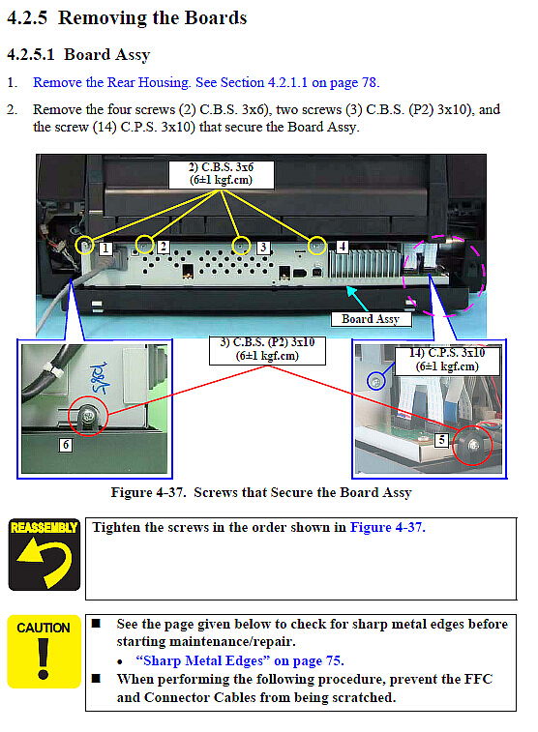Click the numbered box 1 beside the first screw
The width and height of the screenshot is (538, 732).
[105, 249]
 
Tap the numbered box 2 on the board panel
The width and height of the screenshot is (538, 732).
[163, 246]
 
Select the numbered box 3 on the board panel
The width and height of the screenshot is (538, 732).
[263, 247]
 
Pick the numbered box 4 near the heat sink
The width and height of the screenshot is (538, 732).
[343, 247]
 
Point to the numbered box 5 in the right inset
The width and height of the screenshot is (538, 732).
[441, 440]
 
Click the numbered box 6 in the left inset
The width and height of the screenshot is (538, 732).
[66, 445]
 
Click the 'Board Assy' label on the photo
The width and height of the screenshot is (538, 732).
[371, 319]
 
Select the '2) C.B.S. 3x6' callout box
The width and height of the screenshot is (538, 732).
[221, 174]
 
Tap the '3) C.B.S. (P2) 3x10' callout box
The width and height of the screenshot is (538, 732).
[267, 350]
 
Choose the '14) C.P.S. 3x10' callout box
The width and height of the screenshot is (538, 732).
[447, 361]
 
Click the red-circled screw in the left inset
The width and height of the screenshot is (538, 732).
[88, 416]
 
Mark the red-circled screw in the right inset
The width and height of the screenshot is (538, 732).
[472, 446]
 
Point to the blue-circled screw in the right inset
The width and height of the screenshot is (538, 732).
[376, 381]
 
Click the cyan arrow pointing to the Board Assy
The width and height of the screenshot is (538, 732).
[357, 299]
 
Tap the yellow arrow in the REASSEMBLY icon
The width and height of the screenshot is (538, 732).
[45, 561]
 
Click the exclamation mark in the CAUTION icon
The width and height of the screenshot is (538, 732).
[44, 659]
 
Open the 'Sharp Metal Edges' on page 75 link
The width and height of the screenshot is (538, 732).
[240, 661]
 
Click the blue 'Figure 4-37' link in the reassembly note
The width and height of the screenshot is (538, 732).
[388, 528]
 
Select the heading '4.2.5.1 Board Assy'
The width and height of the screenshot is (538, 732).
[78, 54]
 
